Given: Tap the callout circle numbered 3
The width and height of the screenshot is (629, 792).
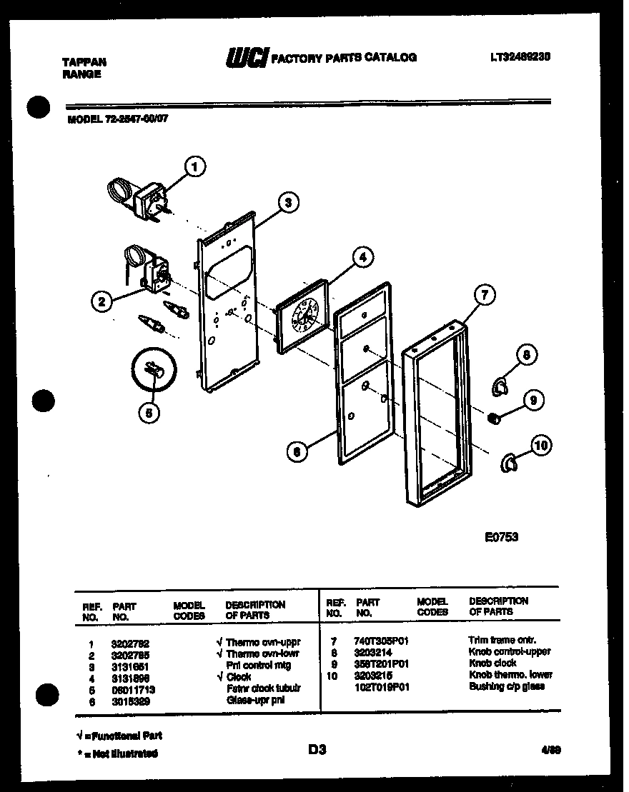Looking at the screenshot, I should [x=287, y=203].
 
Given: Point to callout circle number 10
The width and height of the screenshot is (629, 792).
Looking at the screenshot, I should [x=542, y=446].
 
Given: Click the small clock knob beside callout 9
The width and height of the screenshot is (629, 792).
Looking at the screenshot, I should [x=492, y=418].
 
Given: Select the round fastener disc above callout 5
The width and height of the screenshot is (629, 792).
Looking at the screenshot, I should [x=153, y=370].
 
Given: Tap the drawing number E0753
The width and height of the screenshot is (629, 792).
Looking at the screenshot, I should [x=501, y=537].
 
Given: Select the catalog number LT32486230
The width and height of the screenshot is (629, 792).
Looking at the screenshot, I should [x=520, y=56].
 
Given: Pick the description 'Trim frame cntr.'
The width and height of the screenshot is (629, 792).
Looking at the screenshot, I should [x=502, y=641].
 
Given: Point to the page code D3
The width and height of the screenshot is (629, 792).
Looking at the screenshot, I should [x=317, y=749].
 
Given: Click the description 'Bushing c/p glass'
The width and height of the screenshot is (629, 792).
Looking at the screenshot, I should [x=506, y=686].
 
